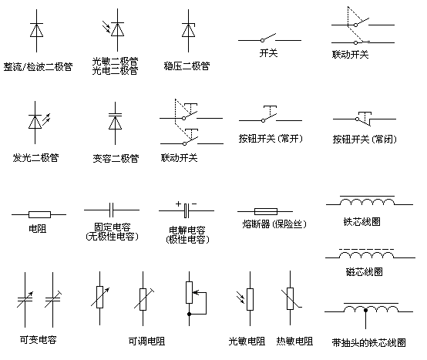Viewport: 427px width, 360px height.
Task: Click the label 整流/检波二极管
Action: pyautogui.click(x=38, y=67)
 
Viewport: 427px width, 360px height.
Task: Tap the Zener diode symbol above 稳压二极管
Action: pyautogui.click(x=188, y=30)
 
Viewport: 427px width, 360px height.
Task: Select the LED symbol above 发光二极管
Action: pyautogui.click(x=37, y=123)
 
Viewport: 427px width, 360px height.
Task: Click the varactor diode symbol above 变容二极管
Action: pyautogui.click(x=115, y=123)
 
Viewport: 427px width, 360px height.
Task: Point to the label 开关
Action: pyautogui.click(x=268, y=53)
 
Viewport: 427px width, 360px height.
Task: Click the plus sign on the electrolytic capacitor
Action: pyautogui.click(x=178, y=204)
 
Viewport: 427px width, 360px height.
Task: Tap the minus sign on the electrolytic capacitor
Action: pyautogui.click(x=194, y=204)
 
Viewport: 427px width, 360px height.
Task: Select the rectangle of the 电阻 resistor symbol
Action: pyautogui.click(x=39, y=214)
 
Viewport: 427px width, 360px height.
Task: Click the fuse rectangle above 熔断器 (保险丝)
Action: pyautogui.click(x=266, y=211)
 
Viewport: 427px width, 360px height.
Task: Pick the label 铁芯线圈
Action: pyautogui.click(x=362, y=222)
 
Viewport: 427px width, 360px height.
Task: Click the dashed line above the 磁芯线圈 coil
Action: pyautogui.click(x=366, y=249)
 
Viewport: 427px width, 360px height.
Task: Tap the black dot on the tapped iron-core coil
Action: pyautogui.click(x=365, y=310)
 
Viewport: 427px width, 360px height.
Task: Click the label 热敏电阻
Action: pyautogui.click(x=294, y=341)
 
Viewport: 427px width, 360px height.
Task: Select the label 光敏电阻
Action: pyautogui.click(x=247, y=341)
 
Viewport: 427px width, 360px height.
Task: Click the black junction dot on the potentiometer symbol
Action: pyautogui.click(x=190, y=314)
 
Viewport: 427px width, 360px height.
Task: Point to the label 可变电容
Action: pyautogui.click(x=38, y=340)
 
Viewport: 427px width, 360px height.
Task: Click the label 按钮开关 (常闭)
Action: pyautogui.click(x=365, y=140)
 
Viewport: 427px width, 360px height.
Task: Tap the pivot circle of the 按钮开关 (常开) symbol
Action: pyautogui.click(x=263, y=120)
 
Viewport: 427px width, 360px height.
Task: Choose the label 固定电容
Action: pyautogui.click(x=113, y=227)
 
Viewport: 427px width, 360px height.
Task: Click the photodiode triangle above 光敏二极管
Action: pyautogui.click(x=118, y=30)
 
